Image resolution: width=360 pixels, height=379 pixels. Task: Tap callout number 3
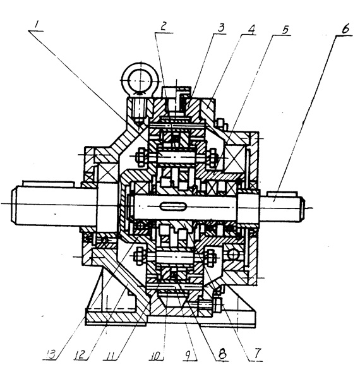tap(220, 28)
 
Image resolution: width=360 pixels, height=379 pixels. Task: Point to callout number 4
tap(251, 30)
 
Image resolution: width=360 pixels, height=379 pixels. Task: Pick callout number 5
tap(285, 30)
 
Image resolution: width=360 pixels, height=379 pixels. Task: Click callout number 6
tap(345, 29)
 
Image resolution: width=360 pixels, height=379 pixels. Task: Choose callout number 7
tap(257, 353)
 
